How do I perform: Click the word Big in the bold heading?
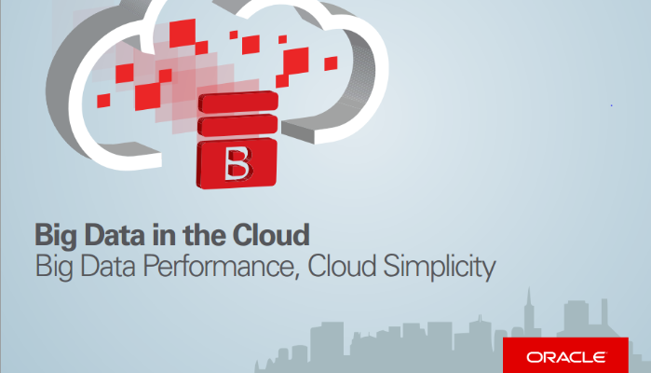tap(56, 236)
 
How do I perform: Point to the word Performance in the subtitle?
tap(218, 266)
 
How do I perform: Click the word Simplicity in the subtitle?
tap(440, 267)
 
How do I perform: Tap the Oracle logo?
tap(565, 355)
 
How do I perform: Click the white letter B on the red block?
tap(237, 164)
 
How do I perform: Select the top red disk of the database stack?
tap(238, 103)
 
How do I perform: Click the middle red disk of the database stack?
tap(237, 126)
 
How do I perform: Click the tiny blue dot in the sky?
tap(611, 105)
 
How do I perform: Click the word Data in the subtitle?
tap(107, 266)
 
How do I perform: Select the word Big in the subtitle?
tap(54, 268)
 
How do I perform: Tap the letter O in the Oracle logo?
tap(535, 357)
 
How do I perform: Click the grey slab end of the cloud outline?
tap(298, 131)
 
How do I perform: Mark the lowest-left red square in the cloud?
tap(103, 101)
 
